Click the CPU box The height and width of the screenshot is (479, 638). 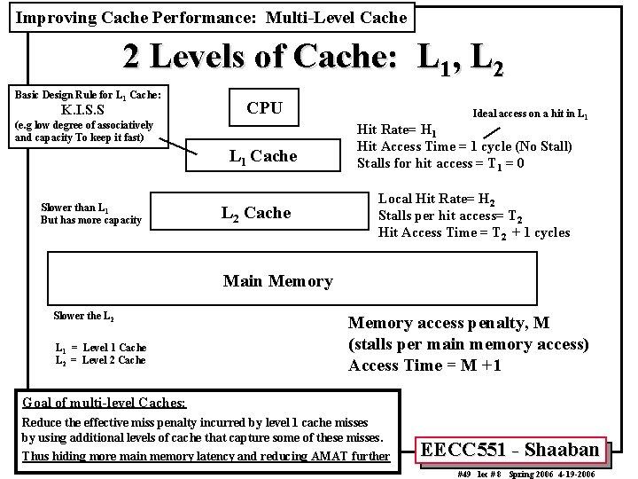click(x=264, y=108)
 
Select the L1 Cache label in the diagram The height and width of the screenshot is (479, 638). click(x=263, y=157)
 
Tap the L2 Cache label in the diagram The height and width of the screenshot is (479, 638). click(x=255, y=213)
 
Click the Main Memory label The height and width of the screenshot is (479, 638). click(x=277, y=281)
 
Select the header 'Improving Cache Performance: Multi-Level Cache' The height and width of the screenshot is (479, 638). click(x=212, y=17)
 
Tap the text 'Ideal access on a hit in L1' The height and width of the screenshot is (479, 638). click(x=531, y=114)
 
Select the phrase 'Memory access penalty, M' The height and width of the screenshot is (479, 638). click(x=449, y=323)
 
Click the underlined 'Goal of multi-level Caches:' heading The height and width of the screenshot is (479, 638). click(x=104, y=402)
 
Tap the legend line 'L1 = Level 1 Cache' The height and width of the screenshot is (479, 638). click(x=100, y=347)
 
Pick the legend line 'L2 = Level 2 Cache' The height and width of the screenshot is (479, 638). click(x=100, y=359)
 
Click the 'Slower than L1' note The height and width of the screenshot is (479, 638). click(x=74, y=208)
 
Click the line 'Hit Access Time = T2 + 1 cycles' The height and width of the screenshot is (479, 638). click(x=474, y=232)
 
